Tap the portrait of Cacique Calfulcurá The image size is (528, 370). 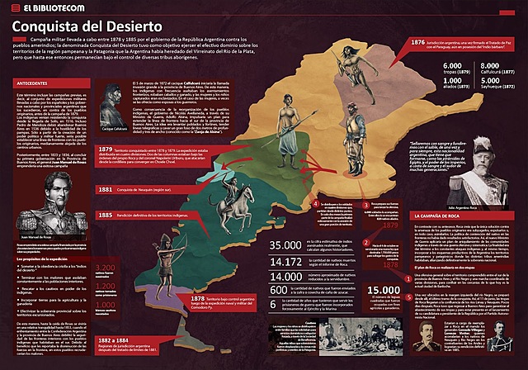(112, 108)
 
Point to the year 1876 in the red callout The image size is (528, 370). (417, 42)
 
